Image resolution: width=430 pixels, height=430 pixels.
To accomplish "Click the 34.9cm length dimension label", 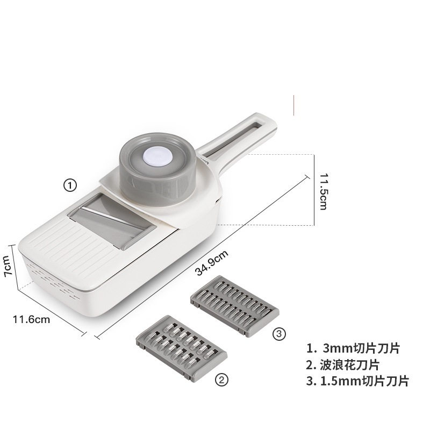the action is pos(211,263).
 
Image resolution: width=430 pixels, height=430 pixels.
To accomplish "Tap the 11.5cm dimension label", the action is pos(324,191).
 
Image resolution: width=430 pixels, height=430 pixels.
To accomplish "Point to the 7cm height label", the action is pos(7,266).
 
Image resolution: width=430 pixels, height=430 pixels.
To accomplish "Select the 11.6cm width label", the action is pos(32,319).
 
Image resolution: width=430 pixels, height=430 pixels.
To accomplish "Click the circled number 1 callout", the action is pos(70,185).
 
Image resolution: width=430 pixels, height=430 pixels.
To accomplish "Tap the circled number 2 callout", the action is pos(221,380).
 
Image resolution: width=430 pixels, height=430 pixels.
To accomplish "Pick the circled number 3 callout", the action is pos(279,334).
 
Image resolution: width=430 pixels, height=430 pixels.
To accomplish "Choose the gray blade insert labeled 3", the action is pos(235,306).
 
